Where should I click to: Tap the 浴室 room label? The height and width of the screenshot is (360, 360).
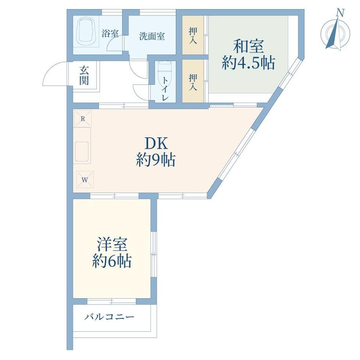point(110,34)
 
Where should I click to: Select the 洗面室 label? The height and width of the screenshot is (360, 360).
point(152,36)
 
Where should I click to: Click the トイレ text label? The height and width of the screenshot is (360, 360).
point(165,88)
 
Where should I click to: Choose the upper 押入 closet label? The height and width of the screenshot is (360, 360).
point(193,36)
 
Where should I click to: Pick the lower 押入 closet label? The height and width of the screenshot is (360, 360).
point(193,82)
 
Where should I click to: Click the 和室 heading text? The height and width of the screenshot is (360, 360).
point(248,47)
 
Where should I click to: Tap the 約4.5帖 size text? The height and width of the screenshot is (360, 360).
point(248,63)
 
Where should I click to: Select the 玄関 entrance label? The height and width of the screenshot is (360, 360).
point(84,76)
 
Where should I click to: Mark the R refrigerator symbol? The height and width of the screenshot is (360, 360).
point(83,119)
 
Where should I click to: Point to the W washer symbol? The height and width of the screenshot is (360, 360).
point(85,180)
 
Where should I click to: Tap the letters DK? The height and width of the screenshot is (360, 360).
point(156,144)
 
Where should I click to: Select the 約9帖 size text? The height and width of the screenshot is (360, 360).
point(156,160)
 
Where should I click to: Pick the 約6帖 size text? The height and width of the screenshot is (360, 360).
point(112,261)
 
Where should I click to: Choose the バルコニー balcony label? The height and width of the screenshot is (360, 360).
point(109,317)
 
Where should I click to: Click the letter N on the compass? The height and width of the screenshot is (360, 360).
point(340,13)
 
